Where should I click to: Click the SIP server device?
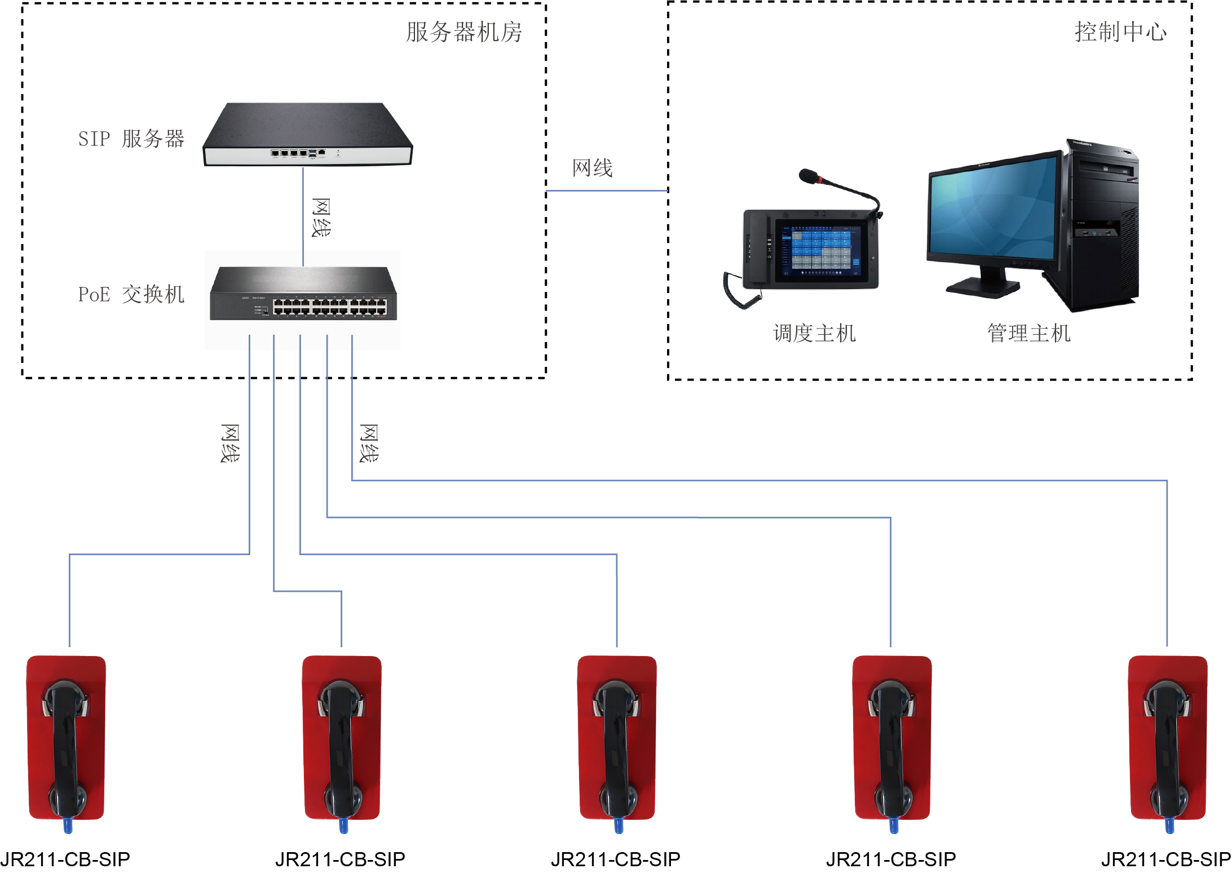pos(307,135)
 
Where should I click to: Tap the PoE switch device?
pos(303,294)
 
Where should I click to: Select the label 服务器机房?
pos(464,32)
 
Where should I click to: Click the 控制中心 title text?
pos(1120,32)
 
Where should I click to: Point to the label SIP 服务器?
pos(131,139)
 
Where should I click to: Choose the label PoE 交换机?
pos(131,294)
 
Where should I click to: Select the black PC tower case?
pos(1102,225)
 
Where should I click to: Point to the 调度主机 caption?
pos(814,334)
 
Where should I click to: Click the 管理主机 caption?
pos(1028,334)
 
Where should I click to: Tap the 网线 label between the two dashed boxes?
pos(592,168)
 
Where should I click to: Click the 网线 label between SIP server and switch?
pos(321,218)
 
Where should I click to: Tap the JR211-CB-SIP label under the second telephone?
pos(340,859)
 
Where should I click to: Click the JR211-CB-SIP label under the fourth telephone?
pos(891,859)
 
